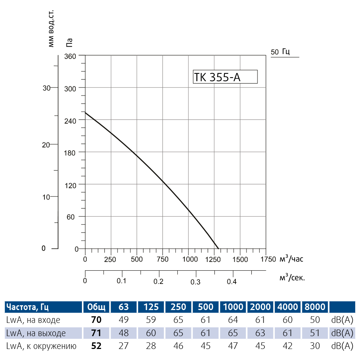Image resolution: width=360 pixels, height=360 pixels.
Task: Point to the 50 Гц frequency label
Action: [x=281, y=52]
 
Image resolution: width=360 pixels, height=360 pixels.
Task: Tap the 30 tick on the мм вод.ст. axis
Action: [x=46, y=88]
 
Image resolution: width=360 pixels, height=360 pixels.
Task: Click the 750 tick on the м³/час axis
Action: [x=162, y=259]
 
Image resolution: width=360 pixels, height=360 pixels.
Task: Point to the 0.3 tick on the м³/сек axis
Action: [x=195, y=282]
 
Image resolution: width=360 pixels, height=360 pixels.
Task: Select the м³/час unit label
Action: [x=292, y=259]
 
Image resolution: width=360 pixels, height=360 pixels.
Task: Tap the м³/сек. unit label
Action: [x=292, y=277]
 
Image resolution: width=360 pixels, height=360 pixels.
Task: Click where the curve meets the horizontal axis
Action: [x=219, y=249]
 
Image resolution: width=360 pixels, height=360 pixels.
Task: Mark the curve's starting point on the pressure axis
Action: [x=85, y=112]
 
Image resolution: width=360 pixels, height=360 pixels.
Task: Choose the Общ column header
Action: [x=96, y=307]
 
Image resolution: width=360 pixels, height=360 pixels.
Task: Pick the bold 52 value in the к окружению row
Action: [x=96, y=346]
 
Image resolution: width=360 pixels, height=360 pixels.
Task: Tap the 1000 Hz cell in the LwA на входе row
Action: [x=233, y=320]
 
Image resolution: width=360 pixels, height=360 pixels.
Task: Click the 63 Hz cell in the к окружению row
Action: [x=124, y=346]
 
